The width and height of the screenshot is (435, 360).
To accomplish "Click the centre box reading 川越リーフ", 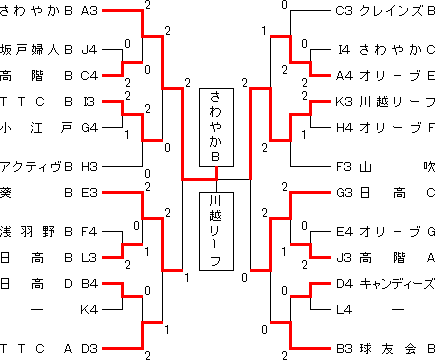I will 217,230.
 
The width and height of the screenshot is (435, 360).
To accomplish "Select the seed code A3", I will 88,10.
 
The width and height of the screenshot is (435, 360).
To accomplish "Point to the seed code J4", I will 88,47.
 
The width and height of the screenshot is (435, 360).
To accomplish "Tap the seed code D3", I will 88,348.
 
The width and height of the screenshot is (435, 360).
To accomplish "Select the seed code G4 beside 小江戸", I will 88,127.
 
